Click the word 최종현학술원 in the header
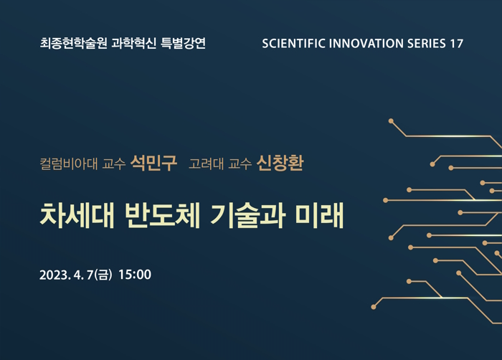coord(73,43)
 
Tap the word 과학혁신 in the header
coord(134,43)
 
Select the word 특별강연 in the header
coord(183,43)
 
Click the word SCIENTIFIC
coord(293,44)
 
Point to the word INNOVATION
coord(366,44)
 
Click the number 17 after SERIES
coord(457,44)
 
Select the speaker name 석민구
coord(153,163)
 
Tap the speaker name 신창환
coord(280,163)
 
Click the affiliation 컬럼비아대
coord(69,164)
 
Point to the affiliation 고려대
coord(207,164)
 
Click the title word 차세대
coord(77,215)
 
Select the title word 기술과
coord(248,215)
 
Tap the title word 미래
coord(320,215)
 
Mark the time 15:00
coord(135,275)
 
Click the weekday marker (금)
coord(103,275)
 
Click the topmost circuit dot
coord(391,121)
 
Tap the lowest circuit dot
coord(374,307)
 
